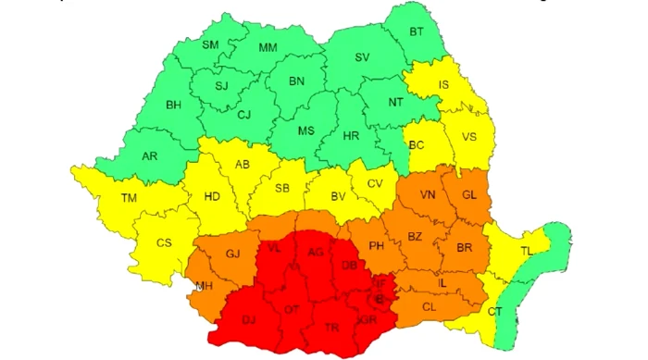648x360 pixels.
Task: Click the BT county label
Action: (417, 32)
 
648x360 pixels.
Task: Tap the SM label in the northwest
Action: (210, 44)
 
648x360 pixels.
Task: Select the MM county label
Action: (268, 47)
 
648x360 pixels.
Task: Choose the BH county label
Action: (173, 105)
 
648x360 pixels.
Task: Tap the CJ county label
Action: (244, 115)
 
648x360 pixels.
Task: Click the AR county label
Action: (149, 155)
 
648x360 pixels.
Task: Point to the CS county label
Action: (164, 242)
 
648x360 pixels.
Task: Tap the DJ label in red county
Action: (248, 320)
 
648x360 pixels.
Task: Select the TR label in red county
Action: (331, 328)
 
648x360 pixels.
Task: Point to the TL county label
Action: (526, 251)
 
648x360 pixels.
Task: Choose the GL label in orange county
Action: (469, 194)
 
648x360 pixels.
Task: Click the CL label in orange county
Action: (429, 306)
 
